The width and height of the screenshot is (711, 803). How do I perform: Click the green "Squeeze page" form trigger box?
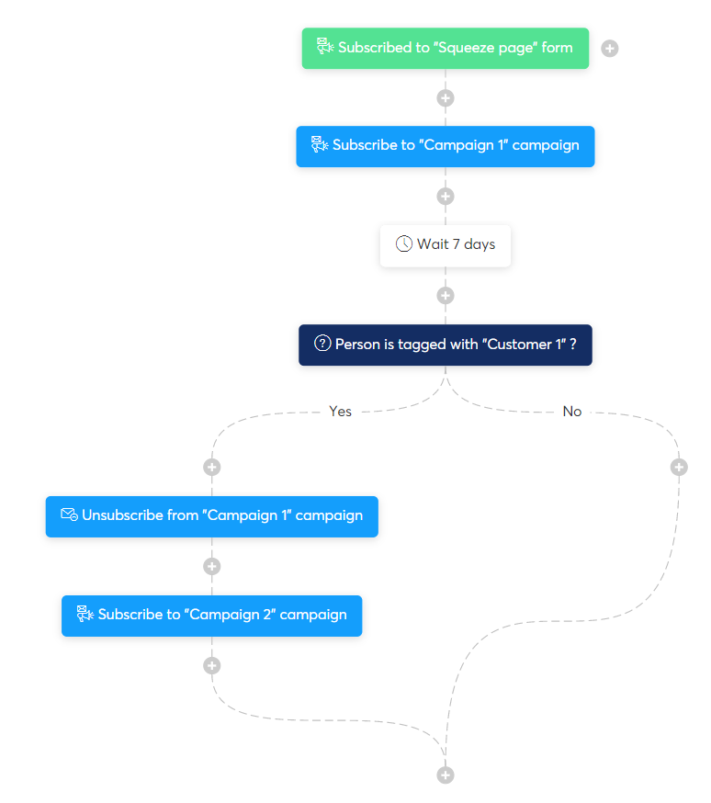446,48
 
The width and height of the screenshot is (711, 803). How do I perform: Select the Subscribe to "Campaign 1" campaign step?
446,146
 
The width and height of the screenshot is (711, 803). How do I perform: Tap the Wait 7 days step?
446,245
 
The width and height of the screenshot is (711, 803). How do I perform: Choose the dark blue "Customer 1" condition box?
446,345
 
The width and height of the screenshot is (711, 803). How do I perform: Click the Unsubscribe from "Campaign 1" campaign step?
212,516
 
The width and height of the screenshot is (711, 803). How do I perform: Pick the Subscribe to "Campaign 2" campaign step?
212,616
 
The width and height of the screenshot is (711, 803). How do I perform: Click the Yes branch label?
340,412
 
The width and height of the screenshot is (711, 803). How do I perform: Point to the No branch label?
572,412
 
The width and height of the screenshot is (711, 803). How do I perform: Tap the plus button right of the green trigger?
610,48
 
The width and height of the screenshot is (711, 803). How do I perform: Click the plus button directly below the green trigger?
446,97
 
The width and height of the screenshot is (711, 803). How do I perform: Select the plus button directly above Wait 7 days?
446,196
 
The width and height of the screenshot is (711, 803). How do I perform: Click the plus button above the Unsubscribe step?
212,467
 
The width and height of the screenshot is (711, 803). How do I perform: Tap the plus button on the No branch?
679,467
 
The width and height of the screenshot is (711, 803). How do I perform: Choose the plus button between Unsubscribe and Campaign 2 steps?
212,566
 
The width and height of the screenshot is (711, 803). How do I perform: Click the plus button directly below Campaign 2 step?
212,665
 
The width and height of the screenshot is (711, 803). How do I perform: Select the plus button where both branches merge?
446,775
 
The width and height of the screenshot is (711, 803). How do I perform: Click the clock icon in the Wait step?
404,244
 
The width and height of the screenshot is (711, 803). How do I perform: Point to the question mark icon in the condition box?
322,344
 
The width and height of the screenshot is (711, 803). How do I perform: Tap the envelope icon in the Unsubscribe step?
69,515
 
